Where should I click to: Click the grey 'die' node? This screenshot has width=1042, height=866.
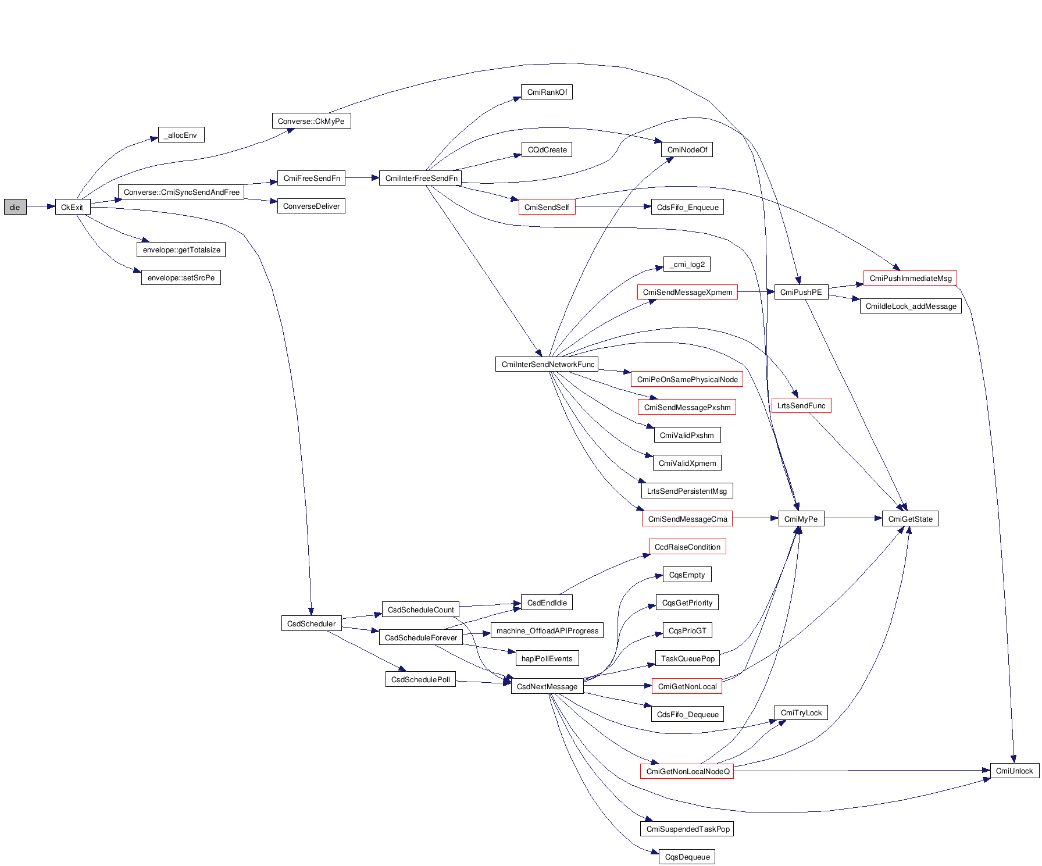point(15,207)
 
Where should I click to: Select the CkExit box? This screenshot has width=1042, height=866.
point(73,207)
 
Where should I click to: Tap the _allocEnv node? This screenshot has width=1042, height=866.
point(181,135)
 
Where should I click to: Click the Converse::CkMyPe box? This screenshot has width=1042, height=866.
point(311,121)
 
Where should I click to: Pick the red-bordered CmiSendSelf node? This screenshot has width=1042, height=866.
point(547,207)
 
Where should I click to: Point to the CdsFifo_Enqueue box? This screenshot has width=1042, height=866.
point(687,207)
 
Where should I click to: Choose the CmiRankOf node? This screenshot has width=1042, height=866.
point(547,92)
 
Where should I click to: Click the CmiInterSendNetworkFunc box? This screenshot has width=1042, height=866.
point(547,364)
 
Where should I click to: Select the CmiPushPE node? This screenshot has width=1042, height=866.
point(801,292)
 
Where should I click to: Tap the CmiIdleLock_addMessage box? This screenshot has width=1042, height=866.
point(911,306)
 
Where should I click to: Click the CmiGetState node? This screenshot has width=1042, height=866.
point(910,519)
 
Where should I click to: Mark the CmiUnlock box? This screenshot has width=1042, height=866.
point(1014,771)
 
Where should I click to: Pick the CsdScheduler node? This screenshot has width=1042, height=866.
point(311,623)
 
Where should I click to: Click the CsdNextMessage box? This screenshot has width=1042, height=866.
point(547,686)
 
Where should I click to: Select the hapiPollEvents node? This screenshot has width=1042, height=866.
point(547,658)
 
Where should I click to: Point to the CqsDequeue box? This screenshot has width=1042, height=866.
point(687,857)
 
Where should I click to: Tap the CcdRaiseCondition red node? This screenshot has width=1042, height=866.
point(687,547)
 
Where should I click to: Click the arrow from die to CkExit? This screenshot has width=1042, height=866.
point(41,206)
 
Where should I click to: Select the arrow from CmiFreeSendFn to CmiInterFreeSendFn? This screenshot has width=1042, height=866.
point(362,178)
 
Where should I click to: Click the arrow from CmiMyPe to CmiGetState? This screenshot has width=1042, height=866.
point(853,518)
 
